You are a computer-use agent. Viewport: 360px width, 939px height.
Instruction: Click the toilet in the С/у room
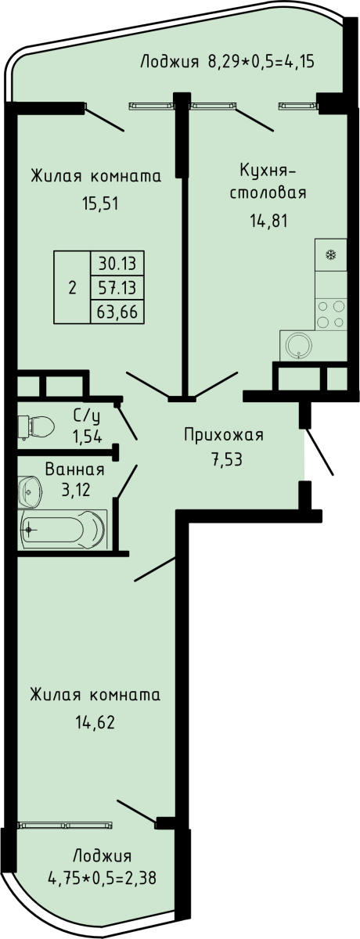click(x=36, y=426)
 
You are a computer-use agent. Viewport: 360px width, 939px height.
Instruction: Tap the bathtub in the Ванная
click(x=62, y=530)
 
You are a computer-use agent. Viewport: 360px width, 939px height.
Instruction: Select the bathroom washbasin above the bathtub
click(x=31, y=491)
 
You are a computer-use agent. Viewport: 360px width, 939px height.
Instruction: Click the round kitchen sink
click(x=299, y=346)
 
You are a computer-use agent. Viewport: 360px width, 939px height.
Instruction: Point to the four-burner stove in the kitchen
click(x=331, y=314)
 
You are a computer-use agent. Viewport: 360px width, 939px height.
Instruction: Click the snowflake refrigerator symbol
click(x=331, y=254)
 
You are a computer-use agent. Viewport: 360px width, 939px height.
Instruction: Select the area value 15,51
click(x=101, y=203)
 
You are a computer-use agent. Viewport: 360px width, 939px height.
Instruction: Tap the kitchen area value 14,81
click(x=268, y=220)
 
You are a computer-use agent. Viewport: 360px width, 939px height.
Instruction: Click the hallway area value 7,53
click(x=226, y=459)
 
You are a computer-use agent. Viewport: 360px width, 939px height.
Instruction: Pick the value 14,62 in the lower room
click(x=95, y=721)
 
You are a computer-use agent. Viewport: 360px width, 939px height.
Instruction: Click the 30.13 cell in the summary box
click(x=117, y=264)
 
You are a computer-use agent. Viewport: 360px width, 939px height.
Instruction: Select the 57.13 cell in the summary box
click(x=117, y=288)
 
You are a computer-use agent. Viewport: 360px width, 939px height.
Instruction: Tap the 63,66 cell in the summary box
click(x=117, y=312)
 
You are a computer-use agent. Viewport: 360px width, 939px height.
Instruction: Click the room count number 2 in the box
click(x=73, y=288)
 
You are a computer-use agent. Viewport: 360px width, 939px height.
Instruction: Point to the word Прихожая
click(x=224, y=435)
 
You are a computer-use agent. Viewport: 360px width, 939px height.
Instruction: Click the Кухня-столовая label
click(x=268, y=181)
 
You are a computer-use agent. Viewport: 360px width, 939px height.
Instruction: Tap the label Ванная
click(x=74, y=469)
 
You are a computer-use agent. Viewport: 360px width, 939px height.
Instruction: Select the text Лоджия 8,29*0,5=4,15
click(x=227, y=62)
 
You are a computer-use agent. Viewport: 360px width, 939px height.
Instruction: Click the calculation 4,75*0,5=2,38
click(x=103, y=877)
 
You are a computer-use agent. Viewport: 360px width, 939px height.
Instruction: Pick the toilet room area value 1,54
click(x=87, y=437)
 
